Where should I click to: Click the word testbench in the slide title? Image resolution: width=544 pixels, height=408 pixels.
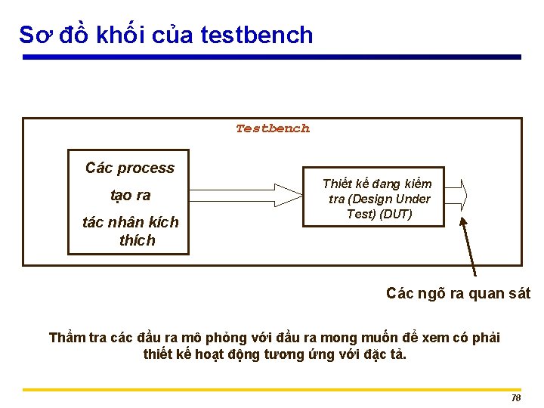(257, 35)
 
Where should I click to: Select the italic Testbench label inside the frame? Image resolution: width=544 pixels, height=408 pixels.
(272, 128)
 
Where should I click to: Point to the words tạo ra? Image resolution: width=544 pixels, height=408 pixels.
(130, 195)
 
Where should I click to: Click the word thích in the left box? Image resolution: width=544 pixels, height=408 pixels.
(137, 240)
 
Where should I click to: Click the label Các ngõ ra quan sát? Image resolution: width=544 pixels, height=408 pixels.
(458, 293)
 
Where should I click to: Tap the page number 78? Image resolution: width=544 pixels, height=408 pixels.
(516, 397)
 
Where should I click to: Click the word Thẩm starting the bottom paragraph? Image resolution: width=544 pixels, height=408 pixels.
(67, 337)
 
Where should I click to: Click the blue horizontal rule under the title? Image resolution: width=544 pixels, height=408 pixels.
(272, 57)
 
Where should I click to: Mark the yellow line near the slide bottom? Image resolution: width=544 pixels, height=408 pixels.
(272, 389)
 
